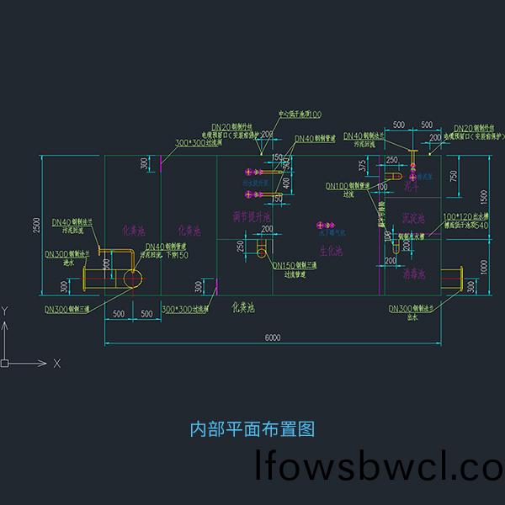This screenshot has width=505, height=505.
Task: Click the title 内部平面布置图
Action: pos(252,429)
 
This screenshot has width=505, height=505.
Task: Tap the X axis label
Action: pos(56,364)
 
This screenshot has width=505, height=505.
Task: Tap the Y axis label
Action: pos(5,311)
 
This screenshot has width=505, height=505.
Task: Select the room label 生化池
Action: pos(331,251)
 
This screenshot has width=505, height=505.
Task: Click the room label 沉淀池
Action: pos(413,217)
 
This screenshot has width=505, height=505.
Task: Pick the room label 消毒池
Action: pos(413,274)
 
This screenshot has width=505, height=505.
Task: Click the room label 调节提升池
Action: pos(251,217)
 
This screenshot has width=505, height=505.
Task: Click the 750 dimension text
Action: pos(454,174)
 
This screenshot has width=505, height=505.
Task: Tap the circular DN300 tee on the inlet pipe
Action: pos(132,279)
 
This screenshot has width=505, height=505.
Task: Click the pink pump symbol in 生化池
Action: pos(323,226)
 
